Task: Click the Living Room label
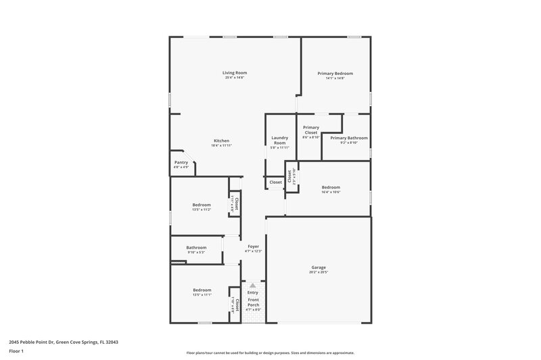pyautogui.click(x=235, y=72)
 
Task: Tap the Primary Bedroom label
pyautogui.click(x=335, y=73)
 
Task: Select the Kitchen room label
pyautogui.click(x=222, y=140)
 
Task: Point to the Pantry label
pyautogui.click(x=181, y=162)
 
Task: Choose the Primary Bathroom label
pyautogui.click(x=348, y=137)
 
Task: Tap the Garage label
pyautogui.click(x=319, y=267)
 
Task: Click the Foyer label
pyautogui.click(x=253, y=247)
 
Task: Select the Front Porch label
pyautogui.click(x=254, y=302)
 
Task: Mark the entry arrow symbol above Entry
pyautogui.click(x=254, y=286)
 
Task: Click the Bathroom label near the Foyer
pyautogui.click(x=196, y=247)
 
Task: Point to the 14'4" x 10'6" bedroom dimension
pyautogui.click(x=331, y=192)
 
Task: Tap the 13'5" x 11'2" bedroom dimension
pyautogui.click(x=202, y=209)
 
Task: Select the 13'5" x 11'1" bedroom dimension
pyautogui.click(x=202, y=294)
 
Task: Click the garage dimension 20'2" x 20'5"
pyautogui.click(x=319, y=272)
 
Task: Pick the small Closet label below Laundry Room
pyautogui.click(x=276, y=182)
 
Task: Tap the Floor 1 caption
pyautogui.click(x=16, y=351)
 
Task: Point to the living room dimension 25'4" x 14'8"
pyautogui.click(x=235, y=78)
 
